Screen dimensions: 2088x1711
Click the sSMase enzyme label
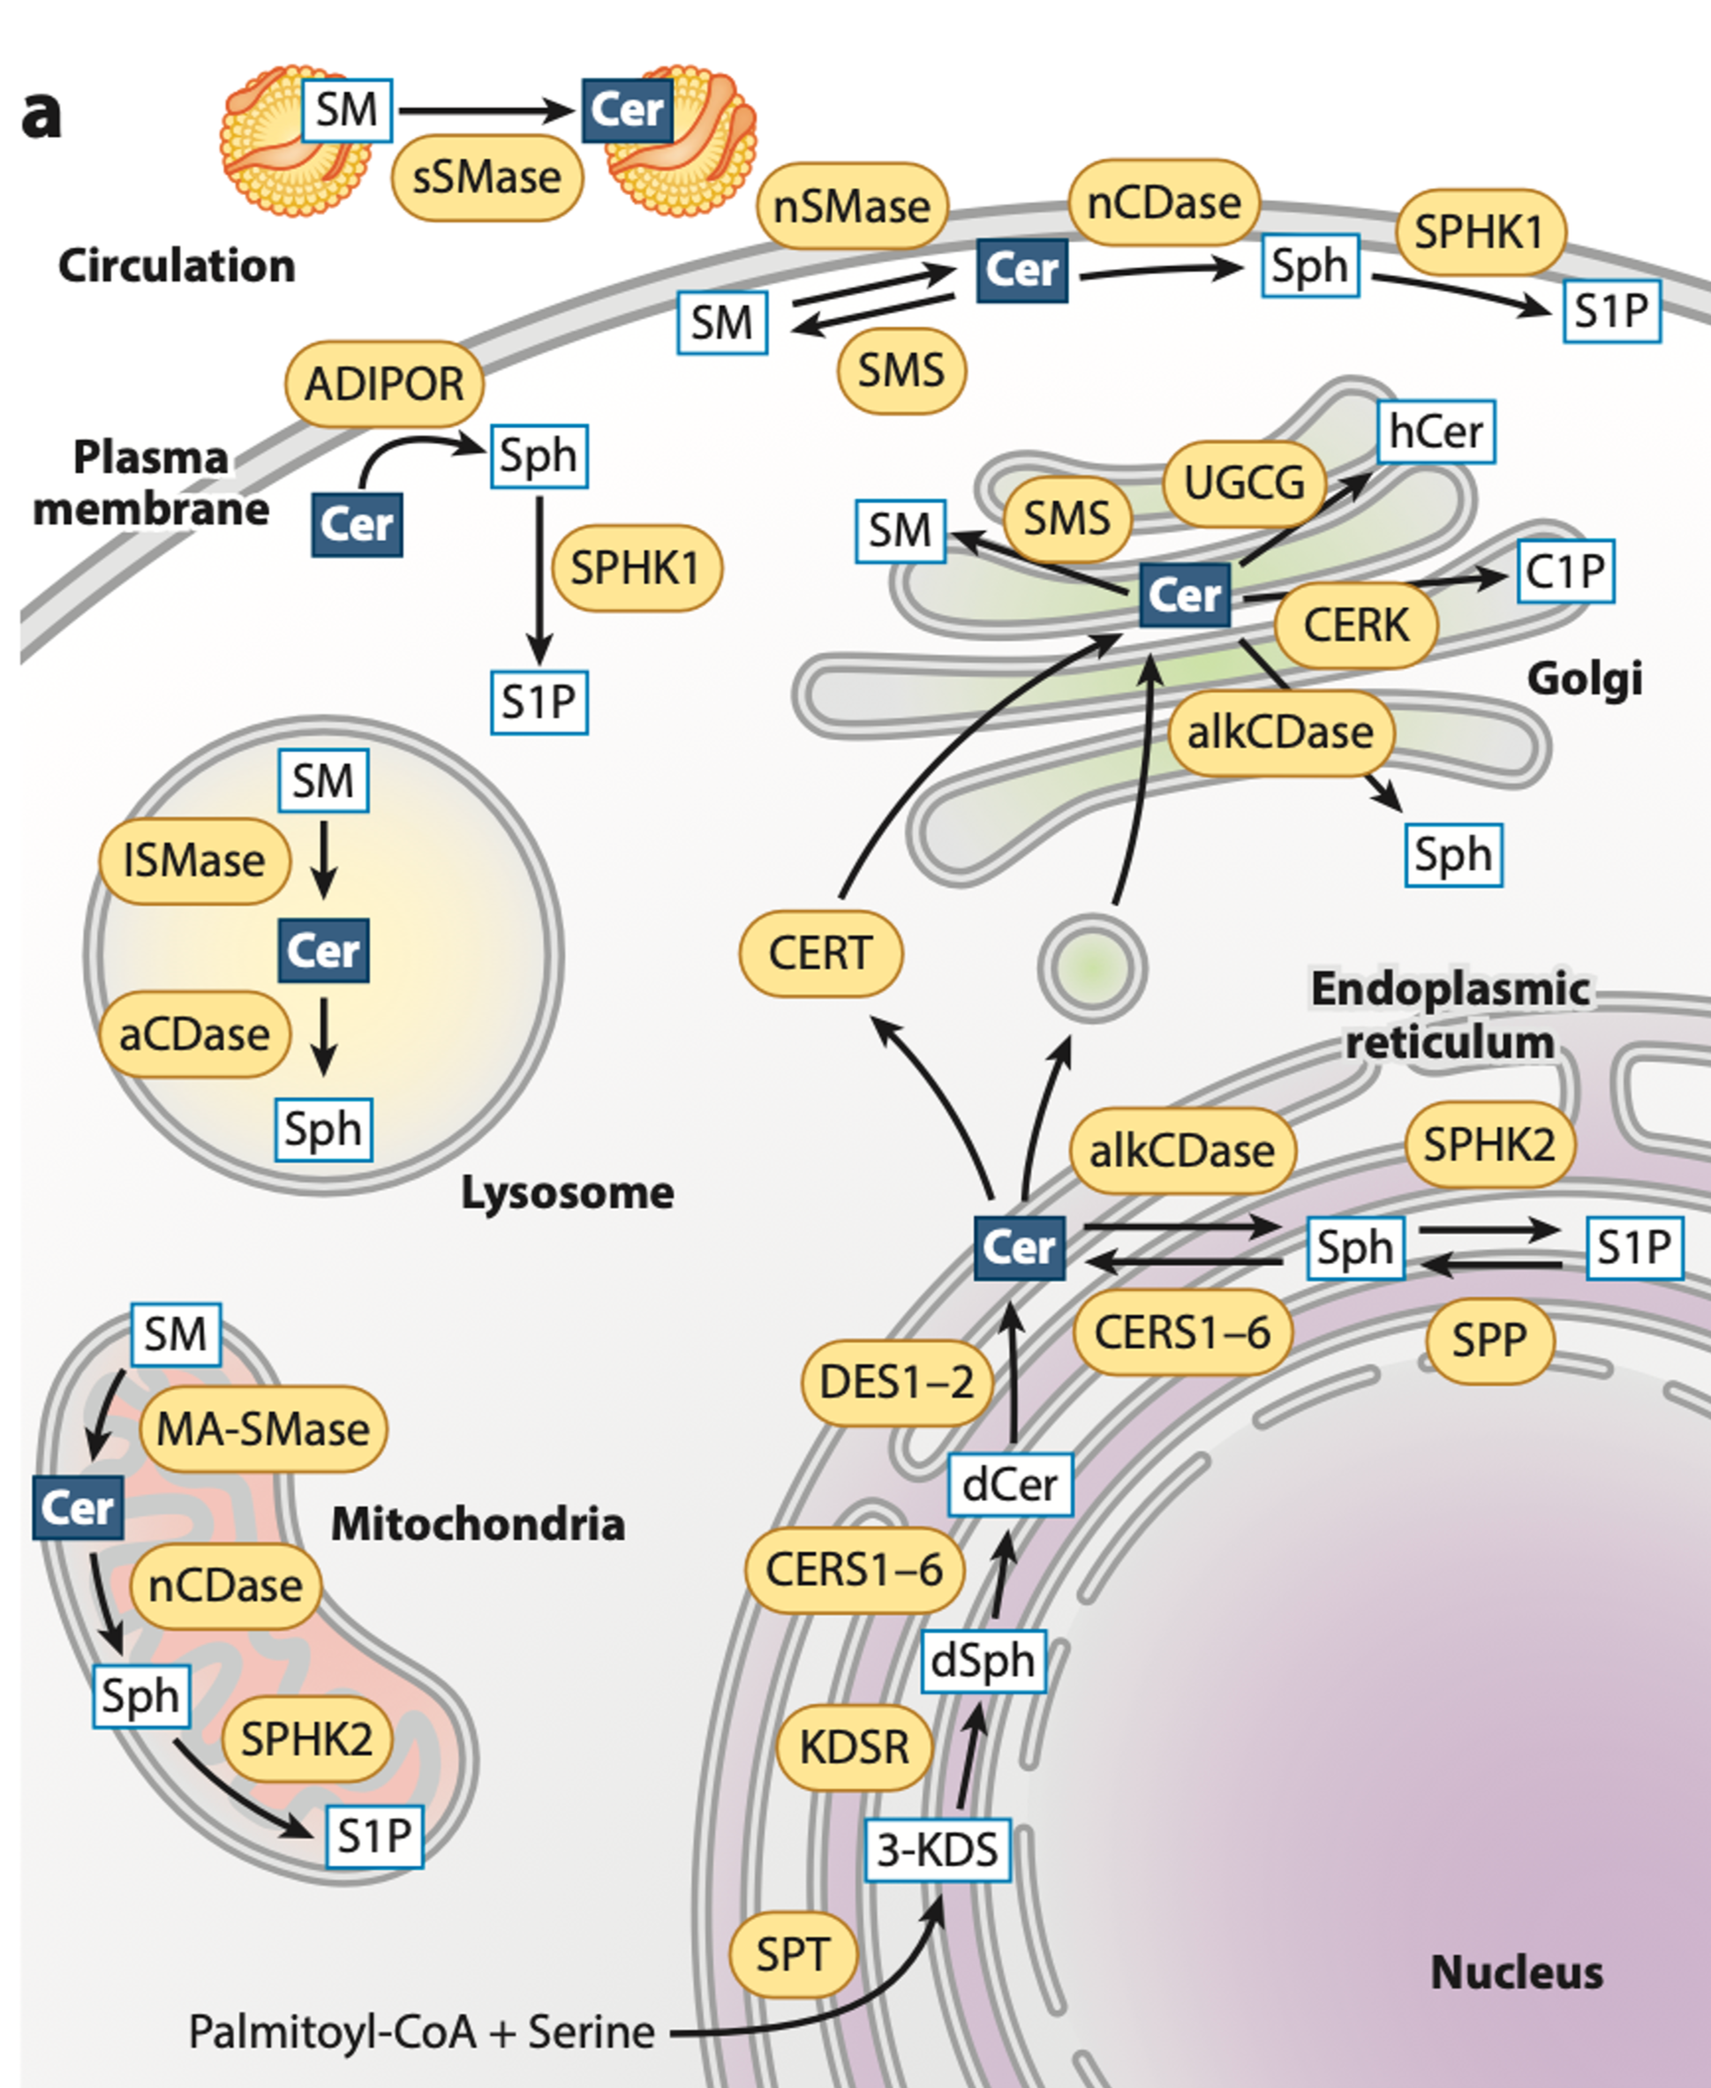pos(486,178)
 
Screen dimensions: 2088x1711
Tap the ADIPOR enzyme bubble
pos(384,384)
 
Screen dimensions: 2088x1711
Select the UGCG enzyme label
pos(1244,483)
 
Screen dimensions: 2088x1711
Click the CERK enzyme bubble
pos(1356,625)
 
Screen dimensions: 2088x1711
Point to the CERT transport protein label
pos(820,953)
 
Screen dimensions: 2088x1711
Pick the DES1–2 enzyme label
pos(896,1383)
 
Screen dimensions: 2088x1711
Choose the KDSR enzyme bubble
pos(854,1747)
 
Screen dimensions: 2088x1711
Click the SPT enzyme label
pos(793,1954)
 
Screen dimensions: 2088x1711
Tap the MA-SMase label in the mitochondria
pos(263,1429)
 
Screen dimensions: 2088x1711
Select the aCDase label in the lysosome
pos(194,1034)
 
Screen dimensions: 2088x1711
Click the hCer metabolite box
pos(1436,432)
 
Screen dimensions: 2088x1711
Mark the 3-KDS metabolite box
pos(938,1850)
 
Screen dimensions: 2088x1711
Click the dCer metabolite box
pos(1009,1485)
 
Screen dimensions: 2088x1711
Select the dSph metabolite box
pos(983,1662)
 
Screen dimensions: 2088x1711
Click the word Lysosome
pos(568,1193)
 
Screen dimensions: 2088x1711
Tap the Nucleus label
pos(1516,1972)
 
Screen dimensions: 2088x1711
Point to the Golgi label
pos(1584,678)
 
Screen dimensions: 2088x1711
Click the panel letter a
pos(41,115)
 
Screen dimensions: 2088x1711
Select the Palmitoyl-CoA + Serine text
pos(422,2032)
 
